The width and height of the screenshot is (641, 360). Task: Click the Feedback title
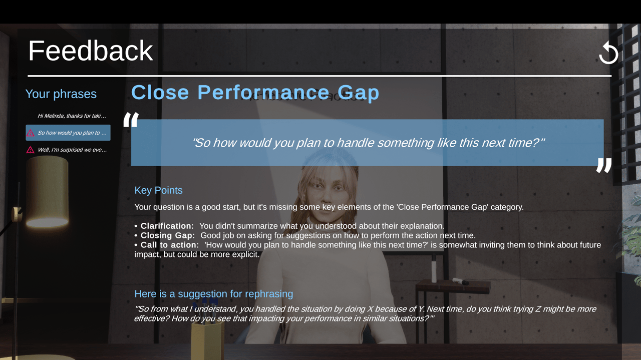(91, 51)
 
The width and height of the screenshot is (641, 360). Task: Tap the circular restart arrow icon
(608, 53)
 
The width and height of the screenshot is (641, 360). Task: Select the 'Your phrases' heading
(61, 94)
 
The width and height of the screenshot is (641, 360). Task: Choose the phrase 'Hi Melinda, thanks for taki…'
(72, 116)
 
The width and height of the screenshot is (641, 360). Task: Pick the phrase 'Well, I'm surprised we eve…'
(72, 150)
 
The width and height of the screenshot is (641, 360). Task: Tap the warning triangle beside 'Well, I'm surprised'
(31, 150)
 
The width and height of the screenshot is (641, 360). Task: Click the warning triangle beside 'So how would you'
(31, 133)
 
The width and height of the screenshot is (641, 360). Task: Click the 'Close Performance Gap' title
(255, 93)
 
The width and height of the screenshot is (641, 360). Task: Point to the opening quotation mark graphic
(131, 119)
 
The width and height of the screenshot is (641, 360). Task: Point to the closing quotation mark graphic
(604, 165)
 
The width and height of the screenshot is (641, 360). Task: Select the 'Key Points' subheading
(159, 190)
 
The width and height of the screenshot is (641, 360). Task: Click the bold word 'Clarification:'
(167, 226)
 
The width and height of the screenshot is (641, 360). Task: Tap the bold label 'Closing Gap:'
(168, 235)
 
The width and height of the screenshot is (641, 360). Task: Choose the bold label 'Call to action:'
(170, 245)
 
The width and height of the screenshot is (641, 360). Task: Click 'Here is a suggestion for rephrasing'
(214, 294)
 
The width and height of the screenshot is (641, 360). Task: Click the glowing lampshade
(47, 192)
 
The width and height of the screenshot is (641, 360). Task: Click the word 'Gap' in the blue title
(358, 93)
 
